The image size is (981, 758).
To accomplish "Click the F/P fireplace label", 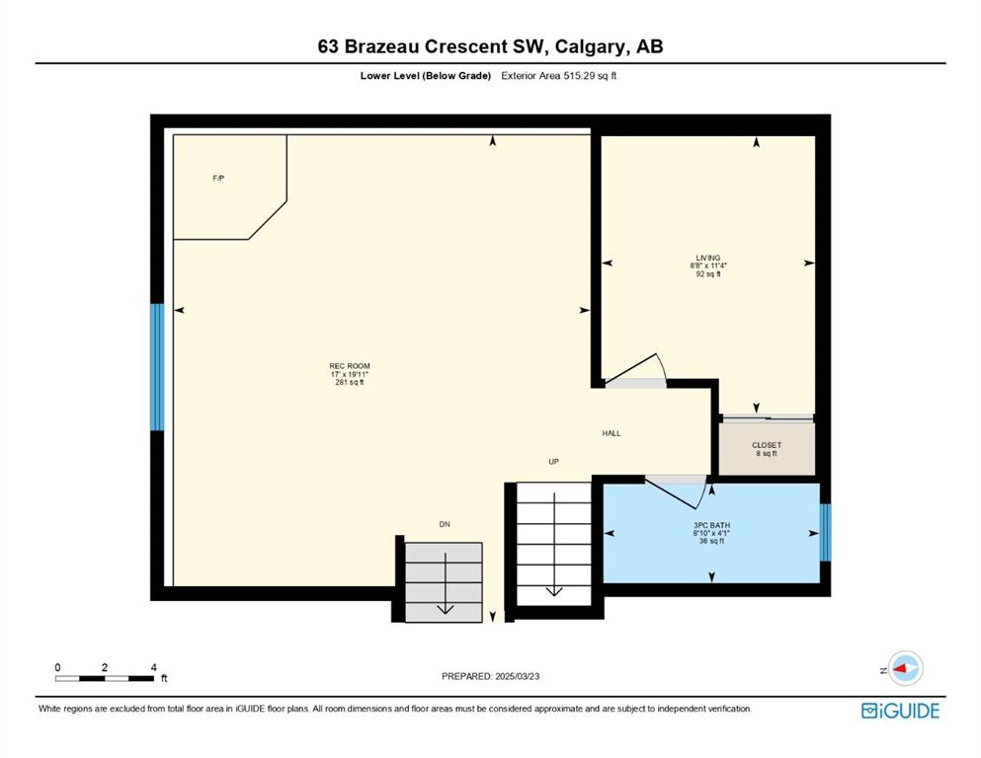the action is point(218,178).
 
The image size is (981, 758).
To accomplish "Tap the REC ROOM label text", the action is point(350,366).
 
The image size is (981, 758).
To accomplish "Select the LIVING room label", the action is point(708,258).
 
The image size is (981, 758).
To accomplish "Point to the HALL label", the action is point(612,433).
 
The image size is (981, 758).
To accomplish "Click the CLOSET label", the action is point(767,445).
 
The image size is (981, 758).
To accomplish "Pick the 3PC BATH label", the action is point(711,525).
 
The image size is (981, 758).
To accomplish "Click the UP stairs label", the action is point(553,462).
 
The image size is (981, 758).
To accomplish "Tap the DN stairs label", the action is point(445,524).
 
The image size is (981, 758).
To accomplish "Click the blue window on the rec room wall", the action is point(157,367).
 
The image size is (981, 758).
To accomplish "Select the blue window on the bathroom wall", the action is point(825,532).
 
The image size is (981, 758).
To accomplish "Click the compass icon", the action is point(905,668).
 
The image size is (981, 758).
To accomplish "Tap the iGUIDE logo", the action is point(900,711).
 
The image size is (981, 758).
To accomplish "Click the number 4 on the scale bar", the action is point(153,667).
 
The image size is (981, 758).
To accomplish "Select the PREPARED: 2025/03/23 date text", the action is point(490,676).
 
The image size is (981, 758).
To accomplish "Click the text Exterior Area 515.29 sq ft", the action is point(559,76).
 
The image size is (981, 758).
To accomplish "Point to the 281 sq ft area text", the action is point(349,382).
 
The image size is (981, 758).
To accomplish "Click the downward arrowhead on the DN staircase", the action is point(445,609).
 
